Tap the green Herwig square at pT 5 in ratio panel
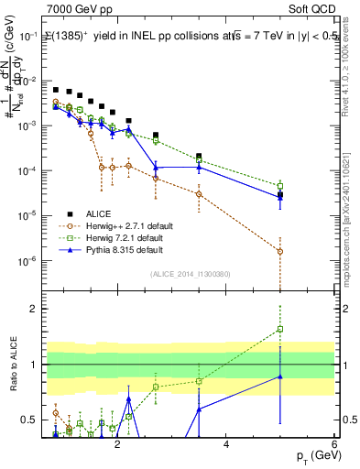click(280, 329)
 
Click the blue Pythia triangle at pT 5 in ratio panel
click(280, 376)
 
